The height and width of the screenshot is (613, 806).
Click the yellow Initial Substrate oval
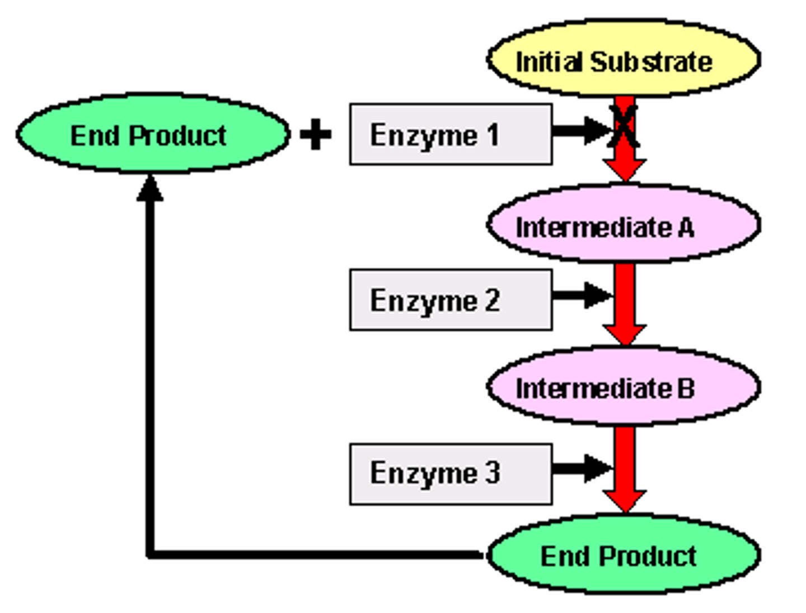[x=623, y=59]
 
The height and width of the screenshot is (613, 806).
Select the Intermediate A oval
[x=623, y=224]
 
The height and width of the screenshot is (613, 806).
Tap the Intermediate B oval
[x=623, y=386]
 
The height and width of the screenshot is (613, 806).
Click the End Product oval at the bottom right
[x=623, y=554]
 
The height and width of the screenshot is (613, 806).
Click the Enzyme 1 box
[x=451, y=134]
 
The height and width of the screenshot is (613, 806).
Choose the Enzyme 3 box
[x=451, y=474]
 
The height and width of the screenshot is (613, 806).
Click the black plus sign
[x=316, y=135]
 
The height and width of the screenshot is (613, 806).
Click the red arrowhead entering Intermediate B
[x=625, y=334]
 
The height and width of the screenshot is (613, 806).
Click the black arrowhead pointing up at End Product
[x=150, y=189]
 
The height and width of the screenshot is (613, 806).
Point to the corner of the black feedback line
[x=150, y=554]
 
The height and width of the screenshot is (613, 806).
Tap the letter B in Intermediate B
[x=686, y=388]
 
